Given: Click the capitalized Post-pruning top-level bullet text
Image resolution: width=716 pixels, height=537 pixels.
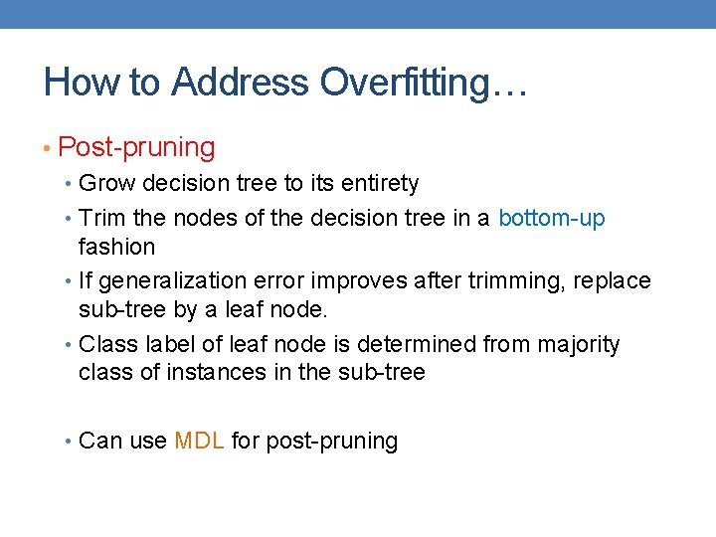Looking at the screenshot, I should pyautogui.click(x=136, y=147).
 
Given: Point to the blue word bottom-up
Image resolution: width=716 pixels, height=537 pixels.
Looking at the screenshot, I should pyautogui.click(x=551, y=218).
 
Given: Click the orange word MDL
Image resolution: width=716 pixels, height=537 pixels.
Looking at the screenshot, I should pyautogui.click(x=199, y=441).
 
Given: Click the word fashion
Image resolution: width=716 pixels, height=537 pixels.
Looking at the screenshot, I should pyautogui.click(x=116, y=246).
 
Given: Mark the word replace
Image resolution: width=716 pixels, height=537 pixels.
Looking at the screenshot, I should pyautogui.click(x=613, y=281).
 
